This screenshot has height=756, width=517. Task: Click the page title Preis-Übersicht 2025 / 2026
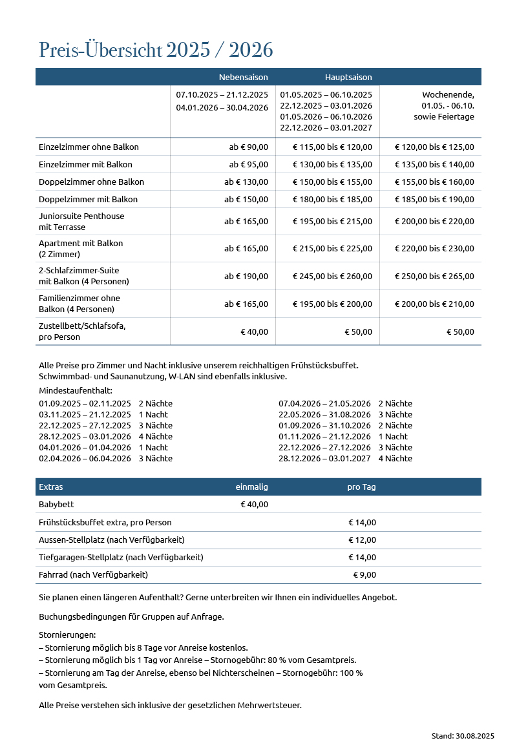pos(156,50)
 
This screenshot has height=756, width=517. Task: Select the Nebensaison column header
pos(243,77)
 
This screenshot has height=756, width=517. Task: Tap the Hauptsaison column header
pos(348,77)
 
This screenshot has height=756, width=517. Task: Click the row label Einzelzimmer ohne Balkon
pos(89,147)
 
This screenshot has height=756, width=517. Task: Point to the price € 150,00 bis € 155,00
pos(332,182)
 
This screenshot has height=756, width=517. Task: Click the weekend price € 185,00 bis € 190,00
pos(434,199)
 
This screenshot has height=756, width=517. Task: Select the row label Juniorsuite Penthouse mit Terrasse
pos(81,222)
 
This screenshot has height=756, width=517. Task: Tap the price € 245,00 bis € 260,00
pos(332,276)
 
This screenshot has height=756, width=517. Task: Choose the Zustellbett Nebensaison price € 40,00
pos(254,331)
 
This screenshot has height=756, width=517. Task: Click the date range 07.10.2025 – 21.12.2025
pos(222,95)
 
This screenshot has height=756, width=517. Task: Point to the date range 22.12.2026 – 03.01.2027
pos(326,128)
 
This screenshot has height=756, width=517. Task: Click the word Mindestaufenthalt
pos(76,390)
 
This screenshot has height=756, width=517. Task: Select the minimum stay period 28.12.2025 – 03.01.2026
pos(85,436)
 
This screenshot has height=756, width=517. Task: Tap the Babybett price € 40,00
pos(254,504)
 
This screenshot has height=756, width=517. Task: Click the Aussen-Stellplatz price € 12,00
pos(362,540)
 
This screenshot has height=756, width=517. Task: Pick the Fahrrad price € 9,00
pos(364,574)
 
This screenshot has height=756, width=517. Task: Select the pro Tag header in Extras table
pos(361,487)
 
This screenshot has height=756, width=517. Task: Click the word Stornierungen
pos(67,635)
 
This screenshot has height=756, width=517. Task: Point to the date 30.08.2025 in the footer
pos(475,735)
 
